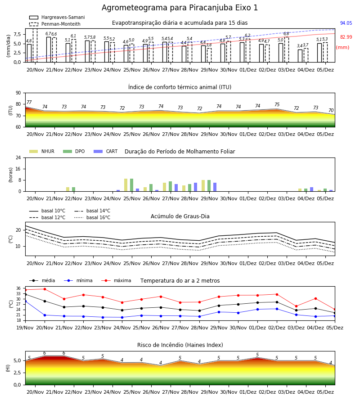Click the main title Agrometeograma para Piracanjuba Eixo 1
pos(180,8)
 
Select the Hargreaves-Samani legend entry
pos(57,17)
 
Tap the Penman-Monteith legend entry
pos(55,24)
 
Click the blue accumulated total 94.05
pos(346,23)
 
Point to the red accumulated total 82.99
pos(346,37)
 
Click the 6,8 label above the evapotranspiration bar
pos(286,34)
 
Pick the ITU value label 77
pos(29,102)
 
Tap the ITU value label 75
pos(277,104)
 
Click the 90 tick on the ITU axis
pos(18,93)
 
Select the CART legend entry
pos(106,151)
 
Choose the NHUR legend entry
pos(42,151)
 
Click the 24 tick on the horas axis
pos(18,157)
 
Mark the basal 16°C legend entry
pos(92,217)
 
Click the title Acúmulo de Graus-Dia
pos(180,216)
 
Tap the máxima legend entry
pos(116,280)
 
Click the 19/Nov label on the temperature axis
pos(25,328)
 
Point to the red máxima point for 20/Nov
pos(45,289)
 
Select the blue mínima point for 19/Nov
pos(25,301)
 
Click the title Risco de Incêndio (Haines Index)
pos(180,345)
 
